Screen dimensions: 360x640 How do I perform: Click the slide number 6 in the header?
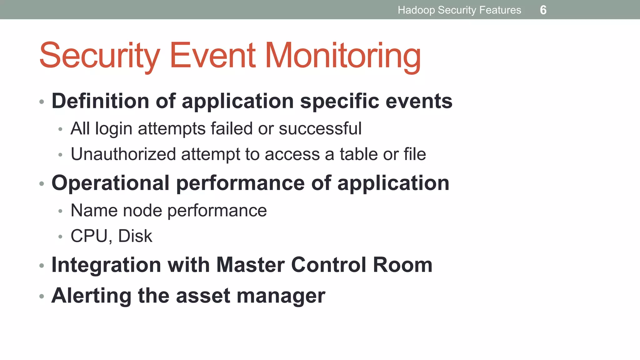pyautogui.click(x=543, y=10)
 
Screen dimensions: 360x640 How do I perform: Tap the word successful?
pyautogui.click(x=320, y=128)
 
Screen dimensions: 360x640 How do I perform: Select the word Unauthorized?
pyautogui.click(x=123, y=154)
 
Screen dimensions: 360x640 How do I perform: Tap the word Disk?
pyautogui.click(x=135, y=236)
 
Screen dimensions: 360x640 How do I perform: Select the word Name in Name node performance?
pyautogui.click(x=94, y=210)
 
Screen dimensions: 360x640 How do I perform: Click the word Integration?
pyautogui.click(x=106, y=265)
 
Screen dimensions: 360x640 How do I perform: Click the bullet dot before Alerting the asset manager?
pyautogui.click(x=42, y=296)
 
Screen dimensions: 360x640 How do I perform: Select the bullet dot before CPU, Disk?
pyautogui.click(x=60, y=237)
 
